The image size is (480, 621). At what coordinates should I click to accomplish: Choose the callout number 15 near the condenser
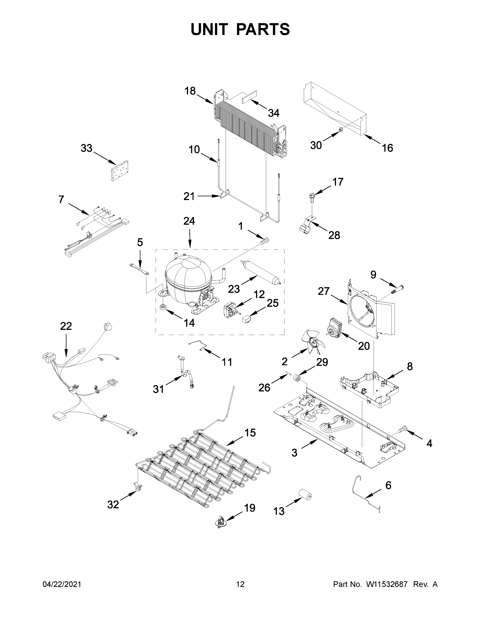(250, 433)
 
